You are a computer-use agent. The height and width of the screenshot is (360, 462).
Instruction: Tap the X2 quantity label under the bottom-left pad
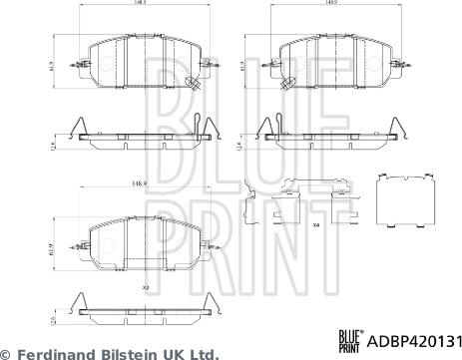coord(146,286)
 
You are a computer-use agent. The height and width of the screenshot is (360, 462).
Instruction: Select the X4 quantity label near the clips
coord(315,225)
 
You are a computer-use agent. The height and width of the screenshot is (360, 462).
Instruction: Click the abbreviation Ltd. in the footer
coord(202,353)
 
